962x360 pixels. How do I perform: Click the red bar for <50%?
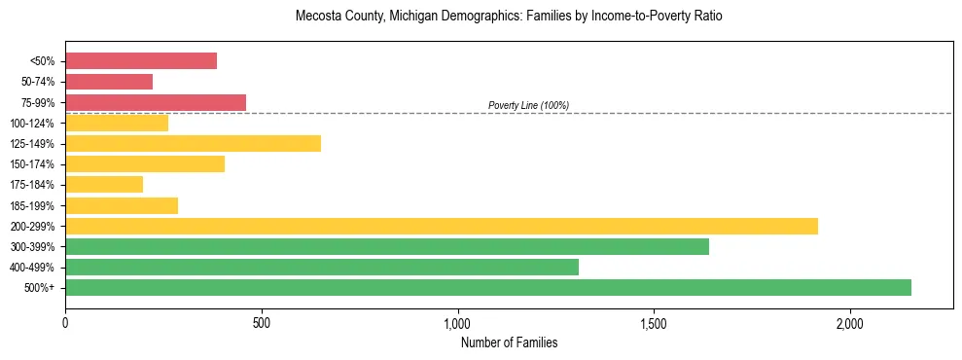point(141,61)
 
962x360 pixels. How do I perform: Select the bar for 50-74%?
point(109,82)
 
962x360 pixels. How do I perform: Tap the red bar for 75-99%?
point(156,102)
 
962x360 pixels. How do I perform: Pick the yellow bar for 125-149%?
point(193,144)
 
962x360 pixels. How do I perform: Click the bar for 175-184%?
point(104,185)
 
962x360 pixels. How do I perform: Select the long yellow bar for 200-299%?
point(442,226)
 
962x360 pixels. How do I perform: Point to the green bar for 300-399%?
point(387,247)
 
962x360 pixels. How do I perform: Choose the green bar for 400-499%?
point(322,268)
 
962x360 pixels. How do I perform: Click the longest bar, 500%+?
point(488,288)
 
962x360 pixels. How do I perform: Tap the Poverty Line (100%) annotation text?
point(528,105)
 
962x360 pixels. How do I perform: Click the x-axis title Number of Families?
point(509,342)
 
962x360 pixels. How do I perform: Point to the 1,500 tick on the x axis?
point(654,323)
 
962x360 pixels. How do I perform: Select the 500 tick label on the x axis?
point(261,323)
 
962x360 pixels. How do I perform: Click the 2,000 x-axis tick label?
point(849,323)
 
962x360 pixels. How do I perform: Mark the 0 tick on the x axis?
point(65,323)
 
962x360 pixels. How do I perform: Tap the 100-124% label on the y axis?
point(32,124)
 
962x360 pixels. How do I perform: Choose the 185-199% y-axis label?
point(32,205)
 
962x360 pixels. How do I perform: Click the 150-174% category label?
point(32,164)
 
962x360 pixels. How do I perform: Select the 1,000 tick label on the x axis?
point(457,323)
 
